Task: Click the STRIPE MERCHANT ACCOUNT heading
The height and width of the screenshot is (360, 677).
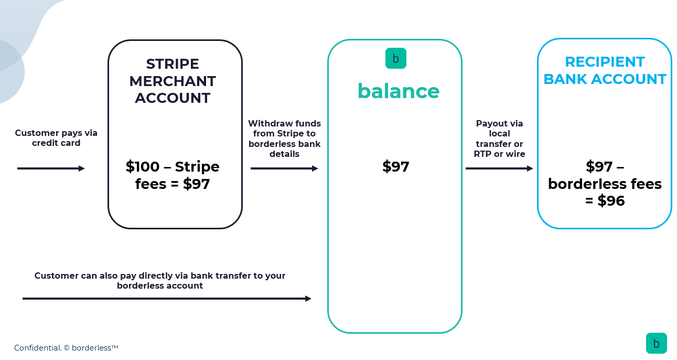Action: pos(173,81)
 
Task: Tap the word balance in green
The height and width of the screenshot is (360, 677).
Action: pos(399,91)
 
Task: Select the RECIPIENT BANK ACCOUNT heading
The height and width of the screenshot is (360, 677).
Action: pos(605,70)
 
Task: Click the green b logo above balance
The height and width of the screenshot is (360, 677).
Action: pos(395,58)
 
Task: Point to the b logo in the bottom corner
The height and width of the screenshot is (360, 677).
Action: pos(657,343)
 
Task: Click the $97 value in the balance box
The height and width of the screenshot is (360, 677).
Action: pos(395,167)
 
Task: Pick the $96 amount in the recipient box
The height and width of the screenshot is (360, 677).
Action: pos(611,200)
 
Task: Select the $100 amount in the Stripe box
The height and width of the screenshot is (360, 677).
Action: pos(142,167)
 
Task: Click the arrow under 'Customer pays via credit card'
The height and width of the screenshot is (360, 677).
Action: pos(51,168)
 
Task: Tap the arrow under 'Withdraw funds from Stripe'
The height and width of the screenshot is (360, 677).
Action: pos(284,168)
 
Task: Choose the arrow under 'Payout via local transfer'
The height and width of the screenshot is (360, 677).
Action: pos(499,168)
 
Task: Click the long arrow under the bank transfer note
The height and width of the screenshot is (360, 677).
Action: pos(167,299)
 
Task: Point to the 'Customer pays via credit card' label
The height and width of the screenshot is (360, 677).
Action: pos(56,138)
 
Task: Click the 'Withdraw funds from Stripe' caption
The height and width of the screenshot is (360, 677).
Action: pos(284,139)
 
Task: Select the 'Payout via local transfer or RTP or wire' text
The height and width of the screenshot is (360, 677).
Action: pos(499,139)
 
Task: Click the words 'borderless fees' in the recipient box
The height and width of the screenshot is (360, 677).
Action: pos(605,184)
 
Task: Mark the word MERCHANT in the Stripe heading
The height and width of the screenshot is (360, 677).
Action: pos(173,81)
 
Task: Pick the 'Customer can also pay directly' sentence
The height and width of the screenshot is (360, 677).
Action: pos(160,280)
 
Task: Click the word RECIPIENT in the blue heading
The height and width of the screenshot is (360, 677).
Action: pos(605,62)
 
